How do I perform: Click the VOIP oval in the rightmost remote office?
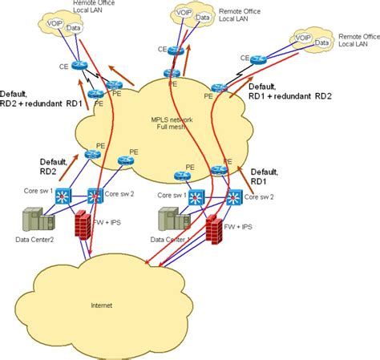[303, 38]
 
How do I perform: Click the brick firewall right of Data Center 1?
[214, 229]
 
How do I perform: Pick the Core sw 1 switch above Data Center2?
[63, 195]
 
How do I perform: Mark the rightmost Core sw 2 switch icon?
[234, 196]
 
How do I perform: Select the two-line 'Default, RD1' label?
[265, 176]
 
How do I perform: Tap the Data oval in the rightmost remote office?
[325, 39]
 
